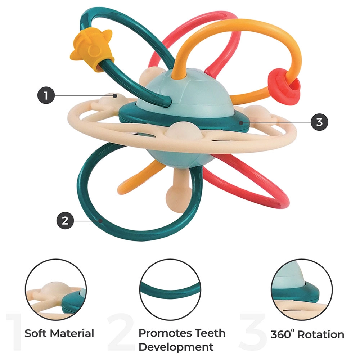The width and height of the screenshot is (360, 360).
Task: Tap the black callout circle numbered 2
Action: point(65,220)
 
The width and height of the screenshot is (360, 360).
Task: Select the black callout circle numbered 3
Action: point(319,122)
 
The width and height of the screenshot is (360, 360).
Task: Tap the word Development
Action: point(176,347)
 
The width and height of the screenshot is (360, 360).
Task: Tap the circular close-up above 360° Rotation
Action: point(302,290)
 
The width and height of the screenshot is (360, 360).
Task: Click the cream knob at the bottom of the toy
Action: point(176,195)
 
